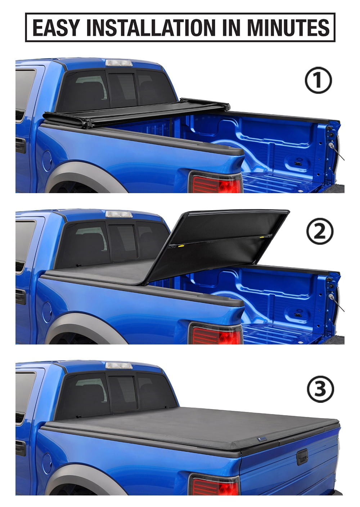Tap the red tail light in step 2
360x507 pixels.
(x=216, y=335)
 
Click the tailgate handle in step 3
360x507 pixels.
(x=302, y=457)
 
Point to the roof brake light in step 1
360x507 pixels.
(x=119, y=63)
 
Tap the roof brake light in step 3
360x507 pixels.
(x=119, y=365)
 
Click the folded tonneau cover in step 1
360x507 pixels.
(x=133, y=112)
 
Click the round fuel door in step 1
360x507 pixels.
(x=47, y=161)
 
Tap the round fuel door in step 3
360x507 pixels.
(x=47, y=463)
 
